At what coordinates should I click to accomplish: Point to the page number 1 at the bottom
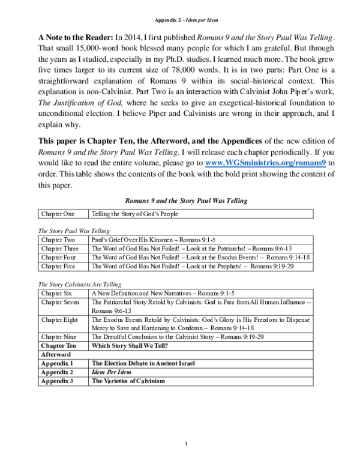(x=186, y=444)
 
